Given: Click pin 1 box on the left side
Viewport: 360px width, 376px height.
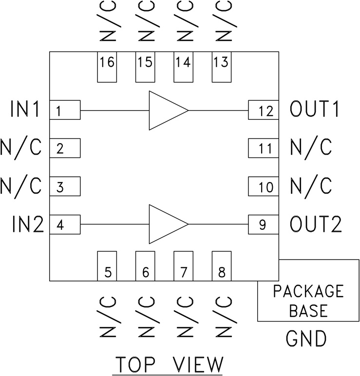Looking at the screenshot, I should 65,111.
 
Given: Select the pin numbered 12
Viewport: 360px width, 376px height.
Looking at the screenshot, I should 264,111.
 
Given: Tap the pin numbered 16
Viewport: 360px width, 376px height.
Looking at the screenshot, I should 107,67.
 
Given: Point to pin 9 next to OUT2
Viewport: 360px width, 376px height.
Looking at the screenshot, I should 264,225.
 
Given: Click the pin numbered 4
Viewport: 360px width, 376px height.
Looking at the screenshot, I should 65,225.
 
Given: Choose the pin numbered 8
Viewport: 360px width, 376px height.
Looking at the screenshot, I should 221,266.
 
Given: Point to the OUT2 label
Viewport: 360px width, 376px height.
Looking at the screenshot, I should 315,225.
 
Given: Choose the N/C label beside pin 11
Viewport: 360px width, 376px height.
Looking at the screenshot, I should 311,147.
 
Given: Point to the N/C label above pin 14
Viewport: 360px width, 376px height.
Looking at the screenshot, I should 183,21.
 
